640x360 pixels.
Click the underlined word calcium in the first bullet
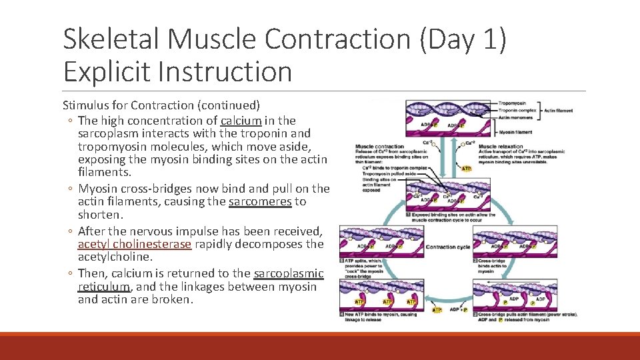pyautogui.click(x=241, y=121)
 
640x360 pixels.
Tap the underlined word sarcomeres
pyautogui.click(x=260, y=201)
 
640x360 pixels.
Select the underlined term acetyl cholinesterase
pyautogui.click(x=135, y=244)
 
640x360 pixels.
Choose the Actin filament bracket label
pyautogui.click(x=559, y=111)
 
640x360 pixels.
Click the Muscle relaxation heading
pyautogui.click(x=501, y=146)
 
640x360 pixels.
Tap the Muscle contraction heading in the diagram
pyautogui.click(x=379, y=146)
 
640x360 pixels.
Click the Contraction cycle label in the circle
pyautogui.click(x=447, y=247)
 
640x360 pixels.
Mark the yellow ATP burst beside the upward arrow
pyautogui.click(x=467, y=168)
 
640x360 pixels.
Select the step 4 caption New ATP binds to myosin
pyautogui.click(x=377, y=317)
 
